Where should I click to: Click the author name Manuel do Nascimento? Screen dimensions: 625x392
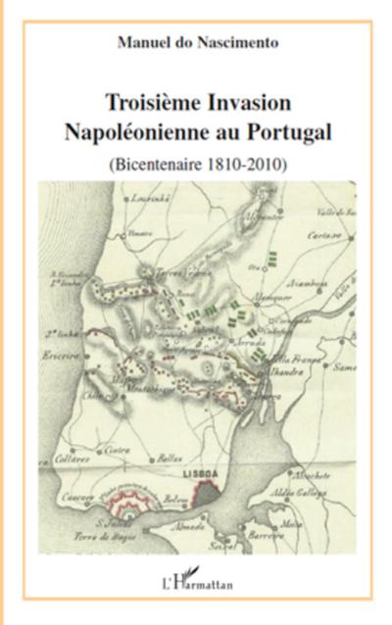click(x=196, y=43)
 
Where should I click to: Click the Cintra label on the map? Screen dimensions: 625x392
click(x=119, y=450)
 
